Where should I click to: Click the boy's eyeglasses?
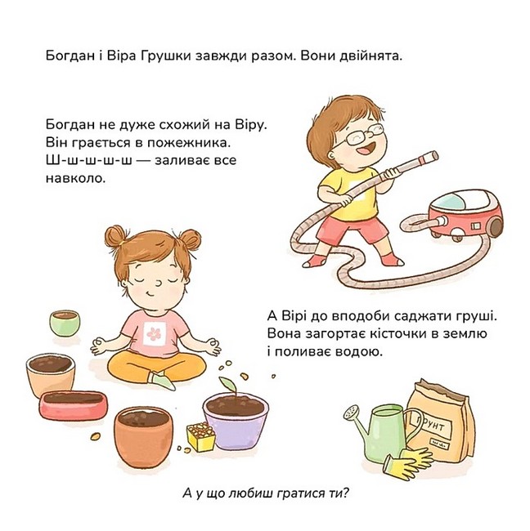click(360, 135)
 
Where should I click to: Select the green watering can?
click(384, 432)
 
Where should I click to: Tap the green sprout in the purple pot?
click(228, 385)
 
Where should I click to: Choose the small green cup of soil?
click(65, 323)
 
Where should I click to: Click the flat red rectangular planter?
click(74, 404)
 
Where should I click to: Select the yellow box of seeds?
click(201, 437)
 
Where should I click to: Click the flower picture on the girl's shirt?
click(154, 333)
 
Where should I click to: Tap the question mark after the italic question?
click(345, 493)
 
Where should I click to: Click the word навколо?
click(75, 178)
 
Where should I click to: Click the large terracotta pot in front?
click(143, 437)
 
